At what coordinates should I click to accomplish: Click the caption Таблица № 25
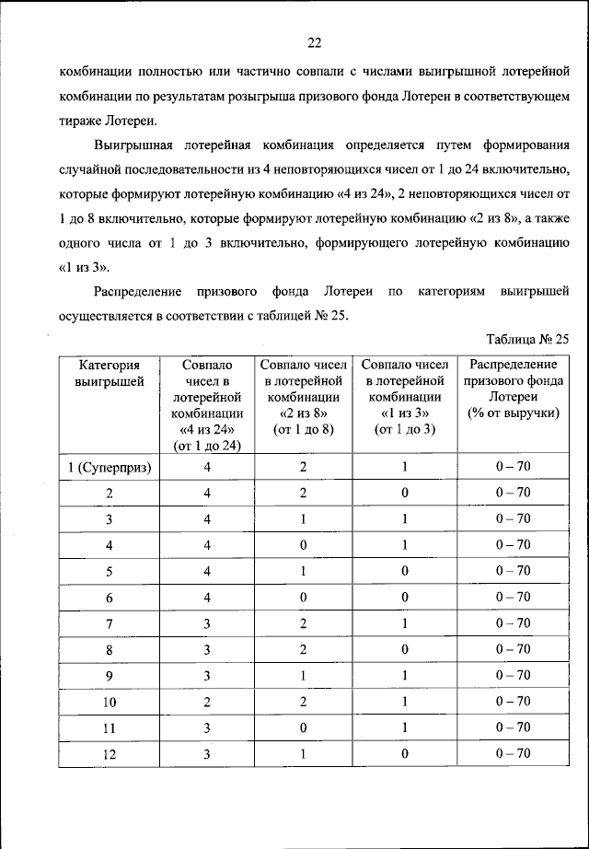coord(525,338)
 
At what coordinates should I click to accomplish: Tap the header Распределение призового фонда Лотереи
coord(513,390)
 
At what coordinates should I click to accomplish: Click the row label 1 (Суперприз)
coord(110,467)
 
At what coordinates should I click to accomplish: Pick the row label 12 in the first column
coord(110,753)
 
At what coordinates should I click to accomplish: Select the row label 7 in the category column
coord(110,623)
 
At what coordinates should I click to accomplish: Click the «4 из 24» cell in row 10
coord(207,702)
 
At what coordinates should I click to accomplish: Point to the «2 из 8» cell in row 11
coord(304,727)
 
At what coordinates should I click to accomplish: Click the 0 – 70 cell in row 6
coord(513,597)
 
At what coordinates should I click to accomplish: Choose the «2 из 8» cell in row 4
coord(304,545)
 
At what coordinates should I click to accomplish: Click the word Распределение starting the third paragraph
coord(138,292)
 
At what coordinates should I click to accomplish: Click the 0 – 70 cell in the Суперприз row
coord(513,467)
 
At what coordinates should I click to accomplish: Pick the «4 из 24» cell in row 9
coord(207,675)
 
